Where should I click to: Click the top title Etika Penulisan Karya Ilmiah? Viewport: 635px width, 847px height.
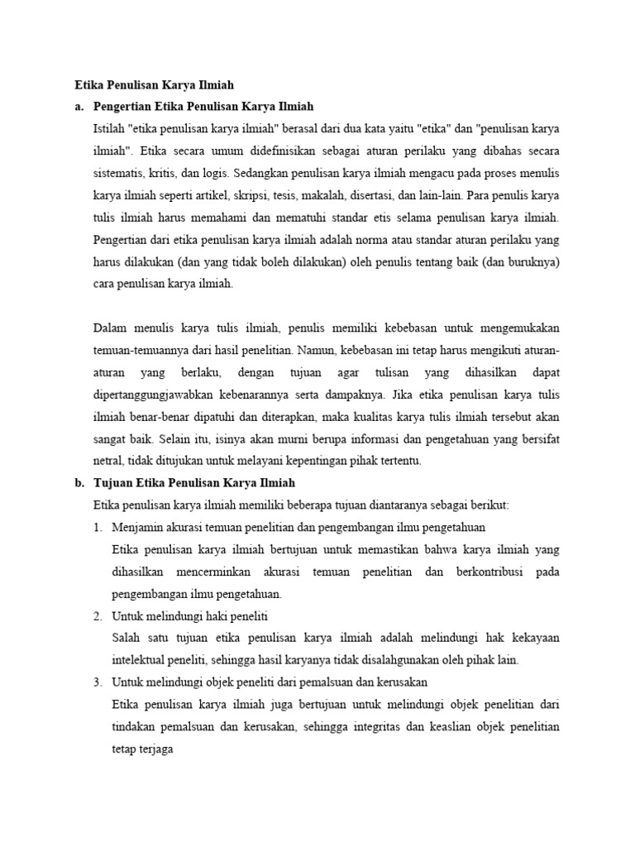(x=154, y=84)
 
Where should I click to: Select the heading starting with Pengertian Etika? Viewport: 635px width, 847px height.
(x=203, y=107)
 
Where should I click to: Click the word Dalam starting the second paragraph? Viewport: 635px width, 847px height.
(x=112, y=328)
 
